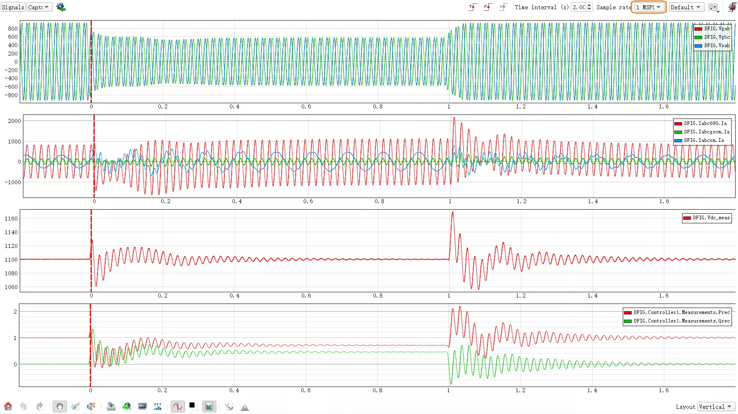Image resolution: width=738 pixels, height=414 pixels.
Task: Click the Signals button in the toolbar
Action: (13, 7)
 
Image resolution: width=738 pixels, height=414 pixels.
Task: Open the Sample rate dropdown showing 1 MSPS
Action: (649, 7)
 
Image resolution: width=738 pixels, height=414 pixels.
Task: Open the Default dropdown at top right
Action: (686, 7)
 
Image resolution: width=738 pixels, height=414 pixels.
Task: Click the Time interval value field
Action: (579, 7)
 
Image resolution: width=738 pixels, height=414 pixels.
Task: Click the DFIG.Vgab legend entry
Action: (712, 29)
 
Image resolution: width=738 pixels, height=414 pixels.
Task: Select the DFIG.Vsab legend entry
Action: (712, 46)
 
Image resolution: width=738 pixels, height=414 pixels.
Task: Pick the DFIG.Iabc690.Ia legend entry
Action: (701, 123)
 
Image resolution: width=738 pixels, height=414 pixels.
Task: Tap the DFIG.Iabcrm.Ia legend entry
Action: (699, 140)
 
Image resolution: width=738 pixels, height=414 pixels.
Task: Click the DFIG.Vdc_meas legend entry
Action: (707, 218)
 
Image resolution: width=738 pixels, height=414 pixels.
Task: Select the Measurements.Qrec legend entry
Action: (677, 321)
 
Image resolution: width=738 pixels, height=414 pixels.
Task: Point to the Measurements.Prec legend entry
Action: (677, 312)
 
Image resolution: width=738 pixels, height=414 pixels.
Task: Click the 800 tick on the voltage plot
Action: (13, 29)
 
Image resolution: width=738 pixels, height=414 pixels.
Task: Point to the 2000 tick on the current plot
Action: (15, 121)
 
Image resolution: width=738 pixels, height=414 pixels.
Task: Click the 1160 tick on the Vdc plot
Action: (11, 218)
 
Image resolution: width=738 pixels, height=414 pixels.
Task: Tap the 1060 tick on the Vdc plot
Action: (11, 287)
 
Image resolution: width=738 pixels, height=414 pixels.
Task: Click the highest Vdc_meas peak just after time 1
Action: (452, 212)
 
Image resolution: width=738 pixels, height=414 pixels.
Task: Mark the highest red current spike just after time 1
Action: (454, 118)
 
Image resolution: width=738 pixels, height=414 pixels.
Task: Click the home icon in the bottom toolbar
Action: (8, 406)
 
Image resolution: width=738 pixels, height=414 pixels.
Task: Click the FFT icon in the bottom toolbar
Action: (158, 406)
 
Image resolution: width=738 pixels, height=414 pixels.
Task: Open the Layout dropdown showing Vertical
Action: (716, 407)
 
